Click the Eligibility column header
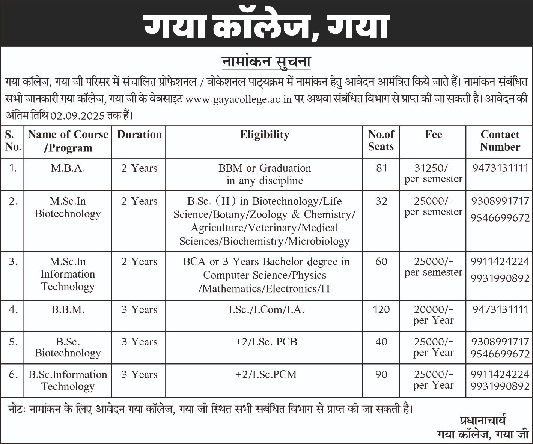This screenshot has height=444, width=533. [x=265, y=135]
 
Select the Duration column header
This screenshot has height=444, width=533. [x=139, y=135]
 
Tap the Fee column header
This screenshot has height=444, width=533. [x=433, y=135]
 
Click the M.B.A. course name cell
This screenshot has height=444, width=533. [x=68, y=168]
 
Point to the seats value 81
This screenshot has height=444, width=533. [x=381, y=168]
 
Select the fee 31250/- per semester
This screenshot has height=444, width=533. [x=433, y=174]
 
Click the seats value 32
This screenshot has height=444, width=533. [x=381, y=201]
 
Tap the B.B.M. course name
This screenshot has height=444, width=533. [x=68, y=310]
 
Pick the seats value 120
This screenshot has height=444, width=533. [x=381, y=310]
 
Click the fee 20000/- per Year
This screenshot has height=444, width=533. [x=433, y=315]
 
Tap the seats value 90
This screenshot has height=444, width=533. [x=381, y=374]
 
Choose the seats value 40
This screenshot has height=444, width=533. [x=381, y=342]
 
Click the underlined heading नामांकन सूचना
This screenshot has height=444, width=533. [x=266, y=61]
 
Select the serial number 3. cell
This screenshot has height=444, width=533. [x=13, y=262]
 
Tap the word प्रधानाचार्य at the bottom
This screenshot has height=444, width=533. [x=482, y=419]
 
